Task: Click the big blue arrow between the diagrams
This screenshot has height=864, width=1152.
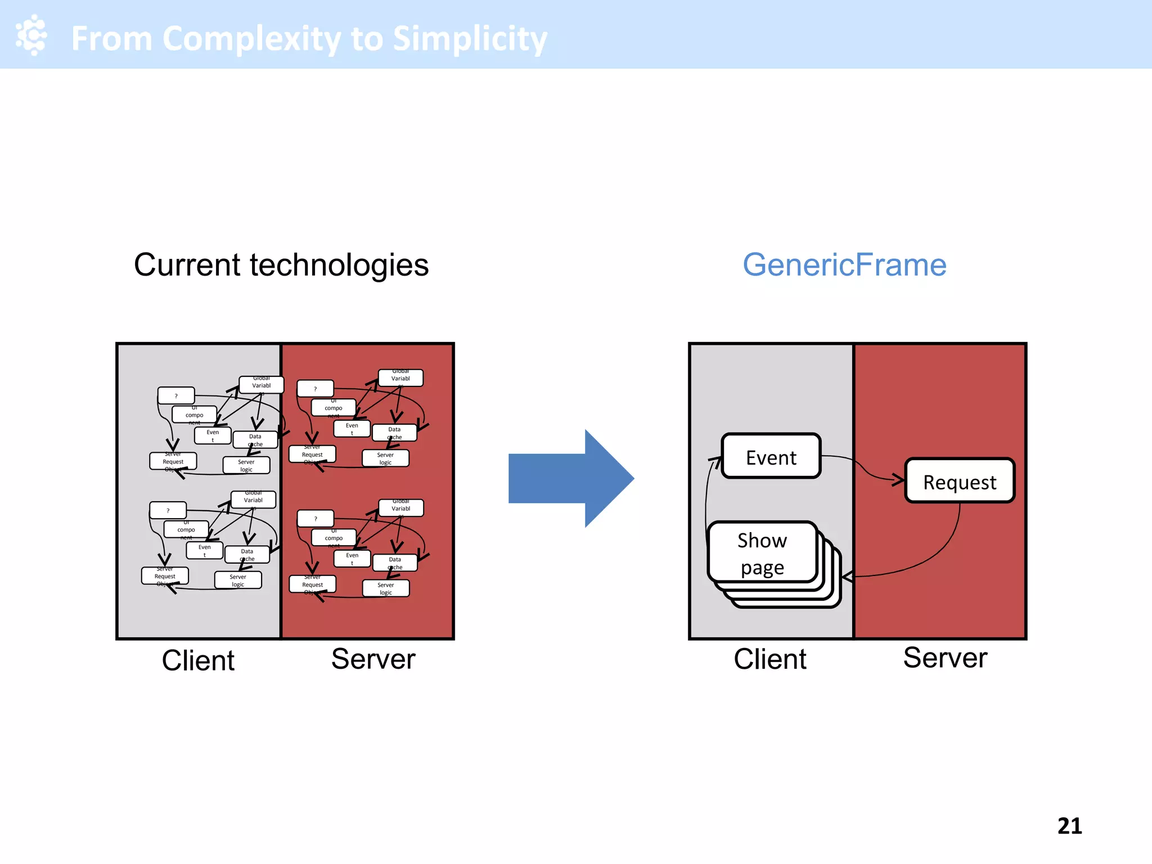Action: [x=571, y=479]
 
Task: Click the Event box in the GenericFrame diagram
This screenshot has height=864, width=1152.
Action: [x=771, y=457]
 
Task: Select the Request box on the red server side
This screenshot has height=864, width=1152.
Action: [x=960, y=481]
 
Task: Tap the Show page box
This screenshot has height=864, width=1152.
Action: [x=762, y=552]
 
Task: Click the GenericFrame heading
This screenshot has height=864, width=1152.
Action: [x=844, y=264]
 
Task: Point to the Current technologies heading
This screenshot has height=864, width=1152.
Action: [x=281, y=264]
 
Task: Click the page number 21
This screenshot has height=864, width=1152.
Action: [x=1069, y=826]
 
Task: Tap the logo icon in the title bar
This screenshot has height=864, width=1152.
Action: [x=31, y=35]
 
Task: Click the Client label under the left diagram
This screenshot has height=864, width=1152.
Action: [x=198, y=660]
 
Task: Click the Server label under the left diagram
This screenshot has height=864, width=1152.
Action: [x=373, y=659]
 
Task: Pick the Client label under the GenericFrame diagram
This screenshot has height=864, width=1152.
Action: [x=769, y=659]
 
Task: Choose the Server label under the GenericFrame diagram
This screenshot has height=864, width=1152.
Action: [x=945, y=658]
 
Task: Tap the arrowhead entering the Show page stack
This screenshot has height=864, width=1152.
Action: [x=847, y=577]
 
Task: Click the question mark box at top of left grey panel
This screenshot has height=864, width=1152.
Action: [x=176, y=395]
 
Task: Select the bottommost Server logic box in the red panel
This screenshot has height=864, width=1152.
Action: [x=386, y=588]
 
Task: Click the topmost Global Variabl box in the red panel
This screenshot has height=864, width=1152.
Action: [x=400, y=377]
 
